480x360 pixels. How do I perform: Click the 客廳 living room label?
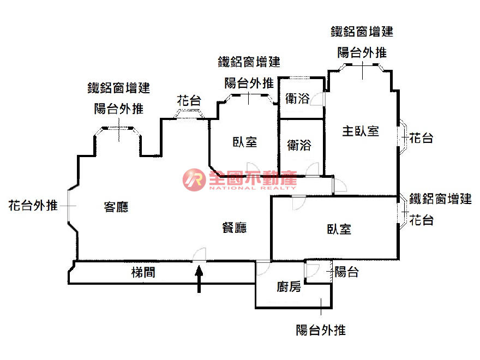116,207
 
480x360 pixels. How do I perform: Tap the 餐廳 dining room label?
235,228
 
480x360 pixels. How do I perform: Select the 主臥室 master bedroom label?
361,131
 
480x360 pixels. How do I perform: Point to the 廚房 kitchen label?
289,287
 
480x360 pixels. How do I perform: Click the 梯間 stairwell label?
143,272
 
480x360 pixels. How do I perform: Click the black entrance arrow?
199,279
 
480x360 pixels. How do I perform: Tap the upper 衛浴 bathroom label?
297,99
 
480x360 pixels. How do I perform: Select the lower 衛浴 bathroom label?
299,145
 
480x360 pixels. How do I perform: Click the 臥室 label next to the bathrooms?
245,142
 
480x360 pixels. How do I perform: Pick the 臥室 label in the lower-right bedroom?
339,229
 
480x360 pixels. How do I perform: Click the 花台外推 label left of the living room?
33,206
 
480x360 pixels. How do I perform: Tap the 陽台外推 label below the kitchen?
321,330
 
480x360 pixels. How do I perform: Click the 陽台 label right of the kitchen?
346,272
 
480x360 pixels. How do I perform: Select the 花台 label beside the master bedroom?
421,138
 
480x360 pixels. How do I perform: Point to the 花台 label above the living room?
189,100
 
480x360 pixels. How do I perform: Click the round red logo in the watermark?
194,180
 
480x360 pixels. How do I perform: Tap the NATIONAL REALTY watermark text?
253,188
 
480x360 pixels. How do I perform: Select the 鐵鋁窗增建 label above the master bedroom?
362,32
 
